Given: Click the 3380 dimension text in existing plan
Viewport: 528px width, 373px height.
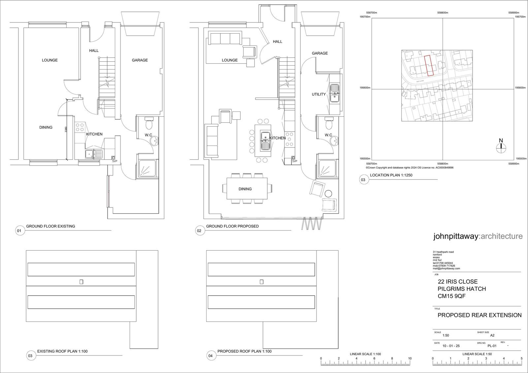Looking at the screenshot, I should click(x=66, y=129).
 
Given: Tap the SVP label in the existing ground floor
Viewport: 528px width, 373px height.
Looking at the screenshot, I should click(x=115, y=161).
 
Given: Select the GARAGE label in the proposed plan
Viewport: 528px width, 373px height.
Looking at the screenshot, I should click(x=320, y=53).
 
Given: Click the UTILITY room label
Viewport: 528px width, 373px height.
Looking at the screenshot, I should click(x=319, y=94).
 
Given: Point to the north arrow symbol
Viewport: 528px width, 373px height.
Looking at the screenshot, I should click(x=501, y=146).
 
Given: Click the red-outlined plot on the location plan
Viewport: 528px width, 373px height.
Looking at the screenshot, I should click(x=429, y=65).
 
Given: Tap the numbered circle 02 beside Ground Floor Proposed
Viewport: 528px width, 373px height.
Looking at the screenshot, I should click(x=199, y=231).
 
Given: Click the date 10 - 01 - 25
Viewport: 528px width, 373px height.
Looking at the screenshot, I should click(x=451, y=346).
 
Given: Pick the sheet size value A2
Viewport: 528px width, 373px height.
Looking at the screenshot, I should click(x=492, y=335).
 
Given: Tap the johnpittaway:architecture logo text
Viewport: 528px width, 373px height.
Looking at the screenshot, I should click(x=478, y=236).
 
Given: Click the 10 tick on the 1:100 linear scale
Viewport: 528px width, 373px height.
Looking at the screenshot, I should click(x=410, y=358).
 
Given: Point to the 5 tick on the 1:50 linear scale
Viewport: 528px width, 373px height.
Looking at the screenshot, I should click(x=521, y=358).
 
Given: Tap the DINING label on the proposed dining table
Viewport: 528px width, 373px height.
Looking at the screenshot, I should click(x=245, y=189).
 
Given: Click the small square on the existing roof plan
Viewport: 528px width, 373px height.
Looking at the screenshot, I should click(x=81, y=282).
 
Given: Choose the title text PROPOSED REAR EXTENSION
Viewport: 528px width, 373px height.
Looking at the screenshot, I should click(x=479, y=315).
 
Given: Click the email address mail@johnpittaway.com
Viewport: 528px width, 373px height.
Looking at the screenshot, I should click(x=446, y=268).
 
